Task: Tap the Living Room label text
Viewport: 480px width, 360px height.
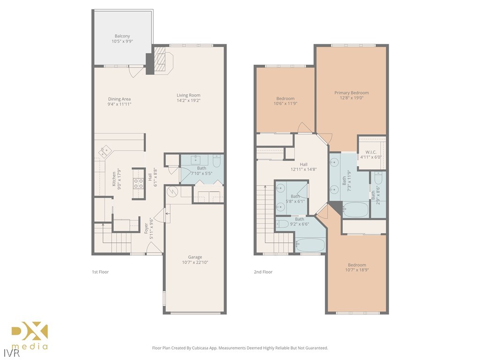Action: click(188, 96)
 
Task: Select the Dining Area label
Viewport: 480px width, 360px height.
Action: click(119, 99)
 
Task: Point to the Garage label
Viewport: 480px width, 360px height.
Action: click(195, 257)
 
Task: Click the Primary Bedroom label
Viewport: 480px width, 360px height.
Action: click(351, 93)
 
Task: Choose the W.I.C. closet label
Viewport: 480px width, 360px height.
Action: click(371, 152)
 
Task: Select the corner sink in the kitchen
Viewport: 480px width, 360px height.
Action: click(104, 152)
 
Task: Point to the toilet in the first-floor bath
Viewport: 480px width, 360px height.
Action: click(217, 161)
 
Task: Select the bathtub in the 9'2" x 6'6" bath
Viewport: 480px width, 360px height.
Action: click(310, 245)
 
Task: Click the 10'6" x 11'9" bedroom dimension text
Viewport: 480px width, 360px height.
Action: click(285, 104)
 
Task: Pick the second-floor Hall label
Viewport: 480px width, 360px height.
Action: click(304, 165)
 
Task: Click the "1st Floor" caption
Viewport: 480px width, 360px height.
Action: click(100, 272)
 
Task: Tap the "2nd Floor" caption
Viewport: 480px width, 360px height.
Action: click(263, 272)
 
